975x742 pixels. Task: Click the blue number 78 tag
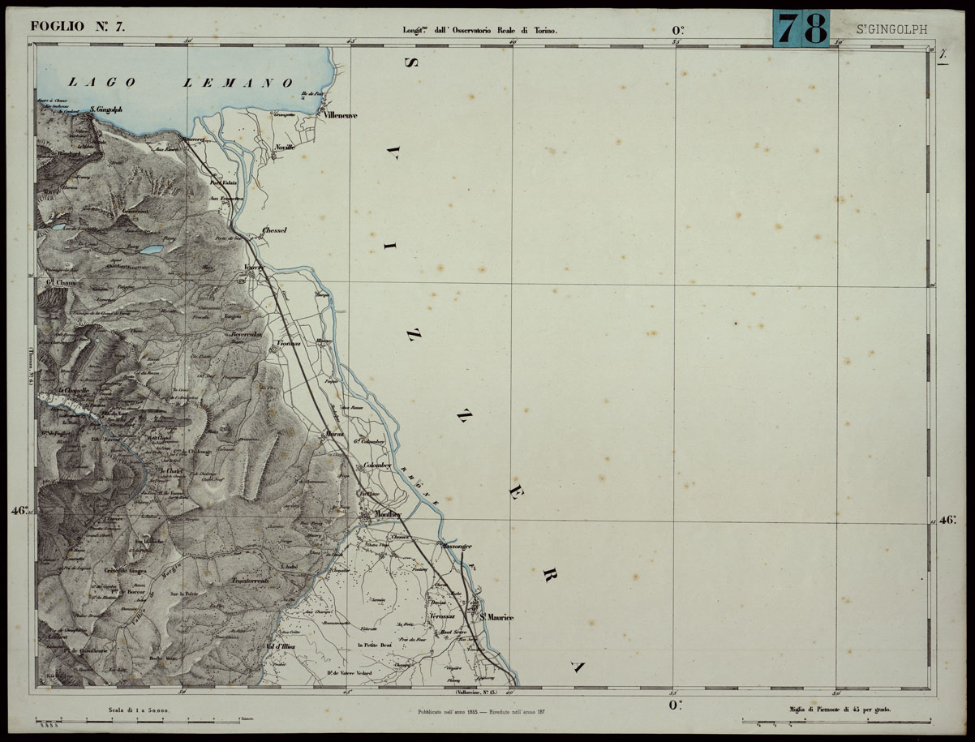(801, 28)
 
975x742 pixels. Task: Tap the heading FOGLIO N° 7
(78, 25)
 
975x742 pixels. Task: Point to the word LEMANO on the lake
(238, 82)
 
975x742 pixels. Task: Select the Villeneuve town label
(340, 115)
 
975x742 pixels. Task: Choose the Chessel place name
(274, 230)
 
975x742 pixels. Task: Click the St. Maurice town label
(496, 617)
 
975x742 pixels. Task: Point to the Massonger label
(457, 547)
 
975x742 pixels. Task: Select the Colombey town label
(378, 465)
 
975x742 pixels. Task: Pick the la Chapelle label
(74, 390)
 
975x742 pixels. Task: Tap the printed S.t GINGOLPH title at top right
(891, 30)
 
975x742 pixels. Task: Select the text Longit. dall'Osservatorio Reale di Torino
(480, 30)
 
